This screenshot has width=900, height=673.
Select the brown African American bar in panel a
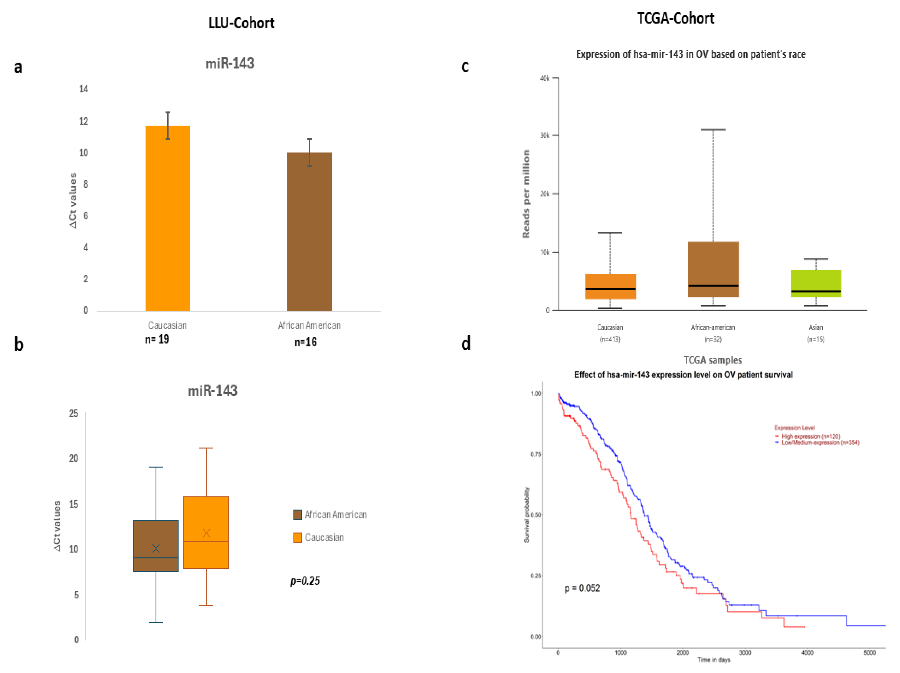tap(309, 232)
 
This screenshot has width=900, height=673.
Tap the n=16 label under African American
tap(305, 342)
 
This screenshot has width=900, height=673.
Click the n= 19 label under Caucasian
tap(157, 339)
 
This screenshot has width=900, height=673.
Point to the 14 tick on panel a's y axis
tap(84, 89)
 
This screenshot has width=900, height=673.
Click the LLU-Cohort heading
tap(241, 23)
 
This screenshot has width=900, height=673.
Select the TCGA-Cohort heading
tap(675, 18)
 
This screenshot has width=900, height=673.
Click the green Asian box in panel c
tap(816, 283)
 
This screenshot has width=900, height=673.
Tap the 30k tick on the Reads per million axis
tap(545, 135)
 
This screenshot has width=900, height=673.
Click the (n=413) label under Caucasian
tap(610, 339)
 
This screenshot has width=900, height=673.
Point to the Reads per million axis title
tap(526, 194)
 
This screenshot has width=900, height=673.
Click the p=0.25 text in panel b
tap(305, 581)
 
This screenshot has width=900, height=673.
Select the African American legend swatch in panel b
tap(298, 515)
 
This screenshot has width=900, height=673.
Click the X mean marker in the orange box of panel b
tap(206, 533)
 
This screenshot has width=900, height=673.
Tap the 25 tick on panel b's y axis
tap(74, 414)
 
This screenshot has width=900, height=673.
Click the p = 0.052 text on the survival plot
tap(582, 588)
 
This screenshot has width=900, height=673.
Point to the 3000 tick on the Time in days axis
tap(745, 653)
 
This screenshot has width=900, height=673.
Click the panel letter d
tap(466, 344)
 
